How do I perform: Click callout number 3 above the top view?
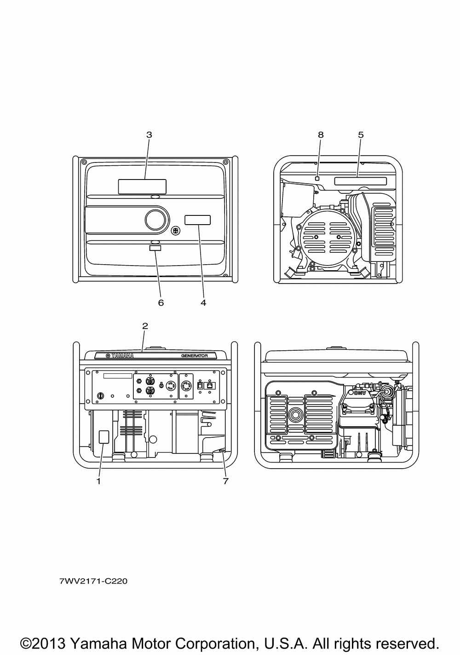point(149,135)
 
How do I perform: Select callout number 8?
point(321,135)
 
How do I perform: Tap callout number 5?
point(361,135)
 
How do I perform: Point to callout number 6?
point(161,302)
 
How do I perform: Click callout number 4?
point(203,302)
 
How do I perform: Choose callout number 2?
point(145,326)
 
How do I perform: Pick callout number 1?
point(98,481)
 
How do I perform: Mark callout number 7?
point(225,481)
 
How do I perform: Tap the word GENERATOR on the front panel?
point(195,356)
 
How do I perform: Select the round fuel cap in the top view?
point(158,220)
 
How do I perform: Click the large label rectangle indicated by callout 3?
point(142,186)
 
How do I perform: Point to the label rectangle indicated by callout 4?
point(198,220)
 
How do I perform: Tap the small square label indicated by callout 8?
point(317,178)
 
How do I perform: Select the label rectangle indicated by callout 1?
point(104,437)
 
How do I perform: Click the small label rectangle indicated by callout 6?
point(155,248)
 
